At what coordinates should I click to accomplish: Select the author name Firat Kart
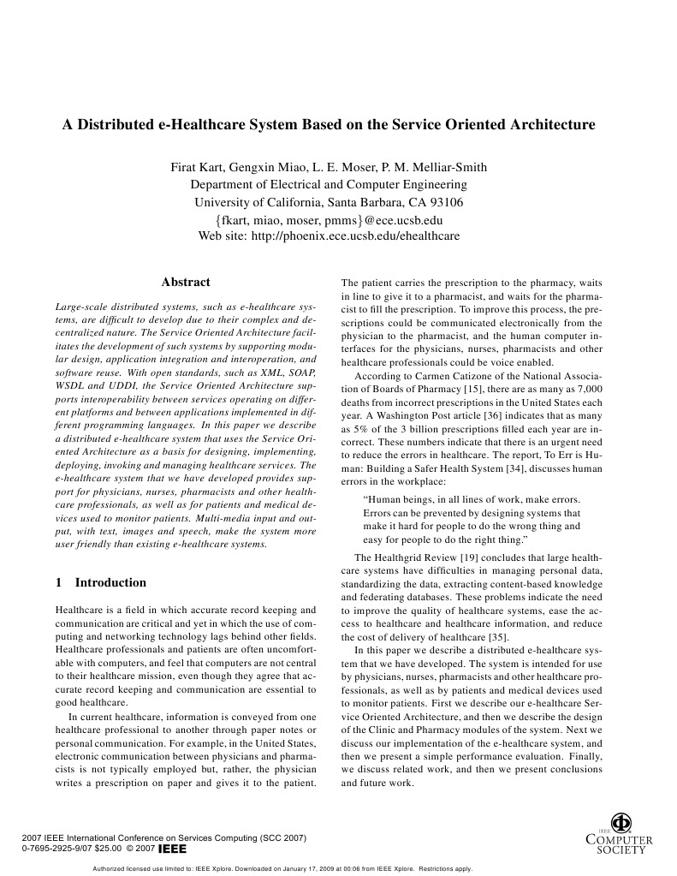click(195, 167)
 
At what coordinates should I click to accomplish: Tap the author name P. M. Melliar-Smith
click(436, 167)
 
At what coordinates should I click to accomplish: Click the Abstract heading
click(186, 283)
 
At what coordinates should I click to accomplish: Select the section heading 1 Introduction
click(101, 583)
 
